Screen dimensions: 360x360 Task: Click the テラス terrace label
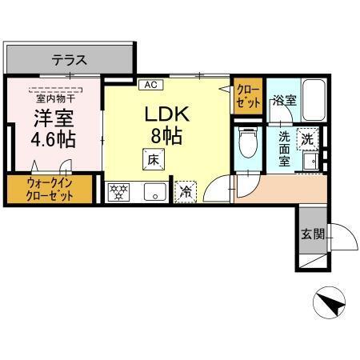pos(70,59)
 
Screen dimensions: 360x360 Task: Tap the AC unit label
pos(149,83)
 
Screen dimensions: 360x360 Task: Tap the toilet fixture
pos(248,145)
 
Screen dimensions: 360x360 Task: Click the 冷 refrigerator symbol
pos(186,191)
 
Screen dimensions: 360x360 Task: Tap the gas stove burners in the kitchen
pos(119,191)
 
